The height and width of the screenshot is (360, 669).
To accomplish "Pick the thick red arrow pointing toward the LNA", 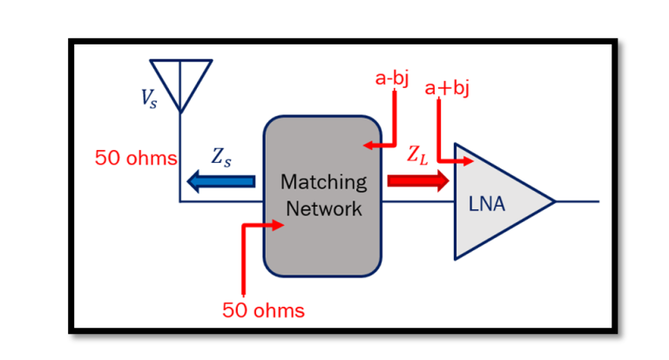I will [x=417, y=180].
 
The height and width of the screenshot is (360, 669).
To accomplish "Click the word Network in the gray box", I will [x=322, y=208].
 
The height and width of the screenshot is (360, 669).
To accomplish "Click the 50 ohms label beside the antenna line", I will [x=136, y=159].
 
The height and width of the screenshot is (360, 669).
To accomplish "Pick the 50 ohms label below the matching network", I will [x=263, y=309].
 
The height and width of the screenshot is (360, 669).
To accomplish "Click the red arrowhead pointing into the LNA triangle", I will [x=469, y=161].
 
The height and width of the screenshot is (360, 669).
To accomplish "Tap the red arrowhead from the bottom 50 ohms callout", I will [x=279, y=225].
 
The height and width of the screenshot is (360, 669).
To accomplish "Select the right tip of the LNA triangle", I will [x=553, y=202].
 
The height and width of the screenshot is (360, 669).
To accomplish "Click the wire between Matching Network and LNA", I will [x=417, y=202].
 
